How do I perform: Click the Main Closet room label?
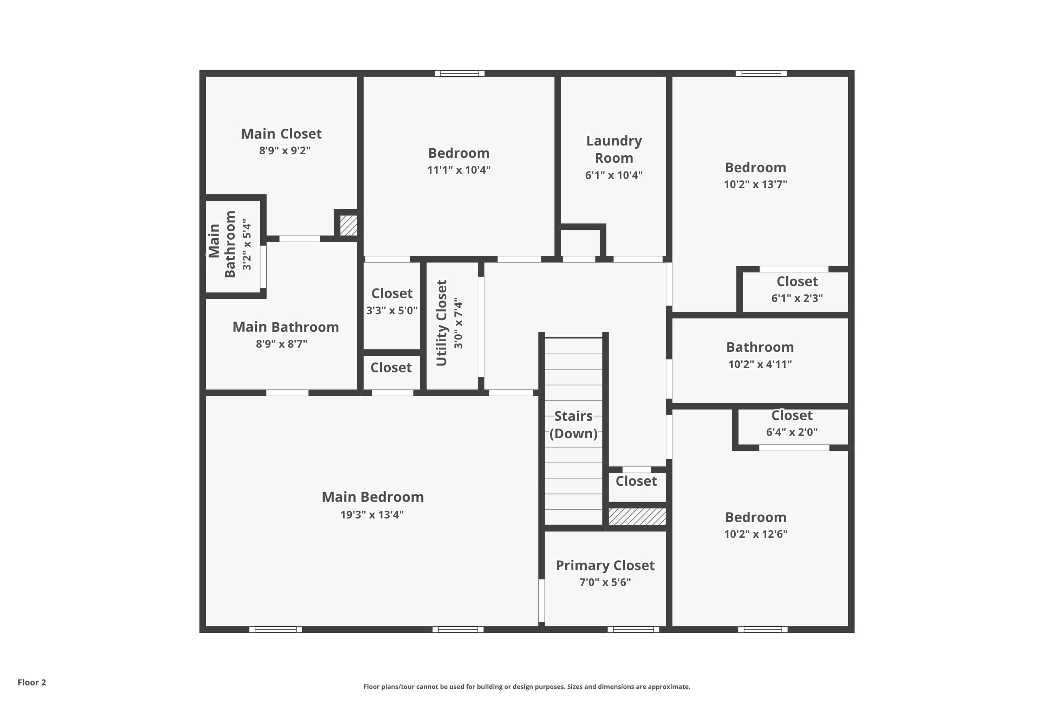coord(281,134)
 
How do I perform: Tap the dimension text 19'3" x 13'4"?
coord(372,514)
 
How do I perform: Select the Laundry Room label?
coord(613,149)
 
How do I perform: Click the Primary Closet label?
coord(605,565)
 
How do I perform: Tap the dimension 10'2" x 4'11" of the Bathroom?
coord(760,364)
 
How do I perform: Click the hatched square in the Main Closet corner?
coord(348,226)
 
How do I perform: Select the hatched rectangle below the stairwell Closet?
coord(637,516)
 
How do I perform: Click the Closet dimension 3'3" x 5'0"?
coord(392,310)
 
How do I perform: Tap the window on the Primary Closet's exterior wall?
coord(633,630)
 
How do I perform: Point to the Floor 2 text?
coord(32,682)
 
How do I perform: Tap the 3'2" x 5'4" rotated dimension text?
coord(247,245)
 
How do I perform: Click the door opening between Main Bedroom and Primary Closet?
coord(541,600)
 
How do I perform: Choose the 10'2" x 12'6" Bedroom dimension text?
coord(756,534)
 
